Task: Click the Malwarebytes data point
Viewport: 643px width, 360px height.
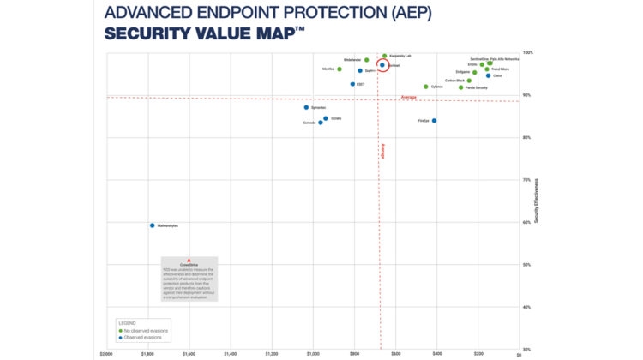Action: click(x=152, y=225)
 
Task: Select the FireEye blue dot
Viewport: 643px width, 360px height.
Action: click(x=435, y=121)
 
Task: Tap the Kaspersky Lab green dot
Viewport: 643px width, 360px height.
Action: click(x=385, y=56)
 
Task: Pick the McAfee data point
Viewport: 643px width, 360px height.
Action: click(x=340, y=69)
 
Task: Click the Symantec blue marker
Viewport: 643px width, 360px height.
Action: click(x=306, y=107)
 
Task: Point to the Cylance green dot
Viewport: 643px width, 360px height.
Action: click(x=426, y=87)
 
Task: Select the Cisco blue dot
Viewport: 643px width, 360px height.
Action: click(x=488, y=75)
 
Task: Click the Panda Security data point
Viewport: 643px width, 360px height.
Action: click(x=461, y=87)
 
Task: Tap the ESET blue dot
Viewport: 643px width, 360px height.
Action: click(x=352, y=84)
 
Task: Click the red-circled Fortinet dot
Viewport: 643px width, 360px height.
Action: click(x=382, y=65)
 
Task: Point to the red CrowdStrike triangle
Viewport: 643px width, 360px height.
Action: click(x=189, y=260)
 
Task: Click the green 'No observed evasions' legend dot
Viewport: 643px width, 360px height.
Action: click(x=119, y=330)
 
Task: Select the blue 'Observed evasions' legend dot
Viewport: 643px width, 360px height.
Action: click(x=119, y=337)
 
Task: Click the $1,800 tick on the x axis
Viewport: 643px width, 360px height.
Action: click(x=147, y=353)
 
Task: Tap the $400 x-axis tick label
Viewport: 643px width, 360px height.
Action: click(x=436, y=353)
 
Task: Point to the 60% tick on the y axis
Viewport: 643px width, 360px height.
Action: click(x=527, y=222)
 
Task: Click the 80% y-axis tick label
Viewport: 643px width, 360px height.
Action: click(x=527, y=137)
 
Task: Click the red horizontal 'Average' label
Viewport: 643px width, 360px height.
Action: click(x=409, y=97)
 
